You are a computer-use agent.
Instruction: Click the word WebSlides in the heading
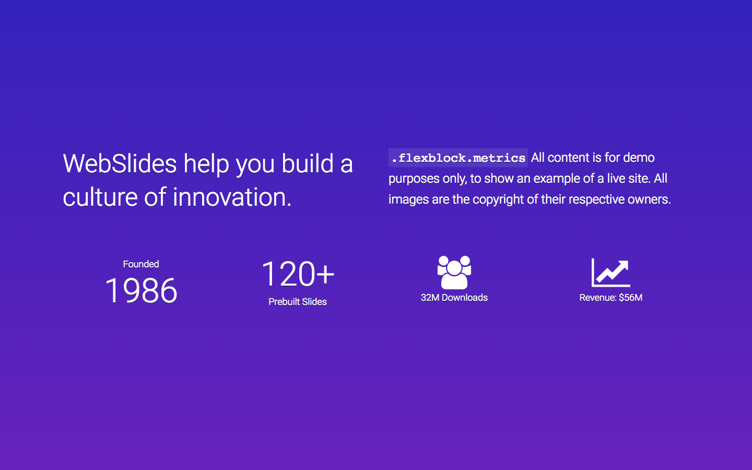[x=120, y=164]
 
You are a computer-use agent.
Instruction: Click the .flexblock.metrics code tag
[x=458, y=158]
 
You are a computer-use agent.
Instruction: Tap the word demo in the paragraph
[x=638, y=158]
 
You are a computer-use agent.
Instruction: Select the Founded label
[x=141, y=264]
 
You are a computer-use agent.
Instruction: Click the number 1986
[x=141, y=290]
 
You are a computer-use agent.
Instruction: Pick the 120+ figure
[x=297, y=274]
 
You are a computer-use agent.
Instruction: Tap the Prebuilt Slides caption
[x=298, y=302]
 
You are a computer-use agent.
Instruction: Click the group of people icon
[x=454, y=272]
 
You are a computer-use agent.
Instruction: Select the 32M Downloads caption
[x=454, y=298]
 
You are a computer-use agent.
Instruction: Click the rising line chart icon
[x=610, y=272]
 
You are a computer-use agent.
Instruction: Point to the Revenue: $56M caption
[x=610, y=298]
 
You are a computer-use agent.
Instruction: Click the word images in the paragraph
[x=408, y=199]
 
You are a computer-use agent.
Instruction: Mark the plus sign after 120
[x=325, y=274]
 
